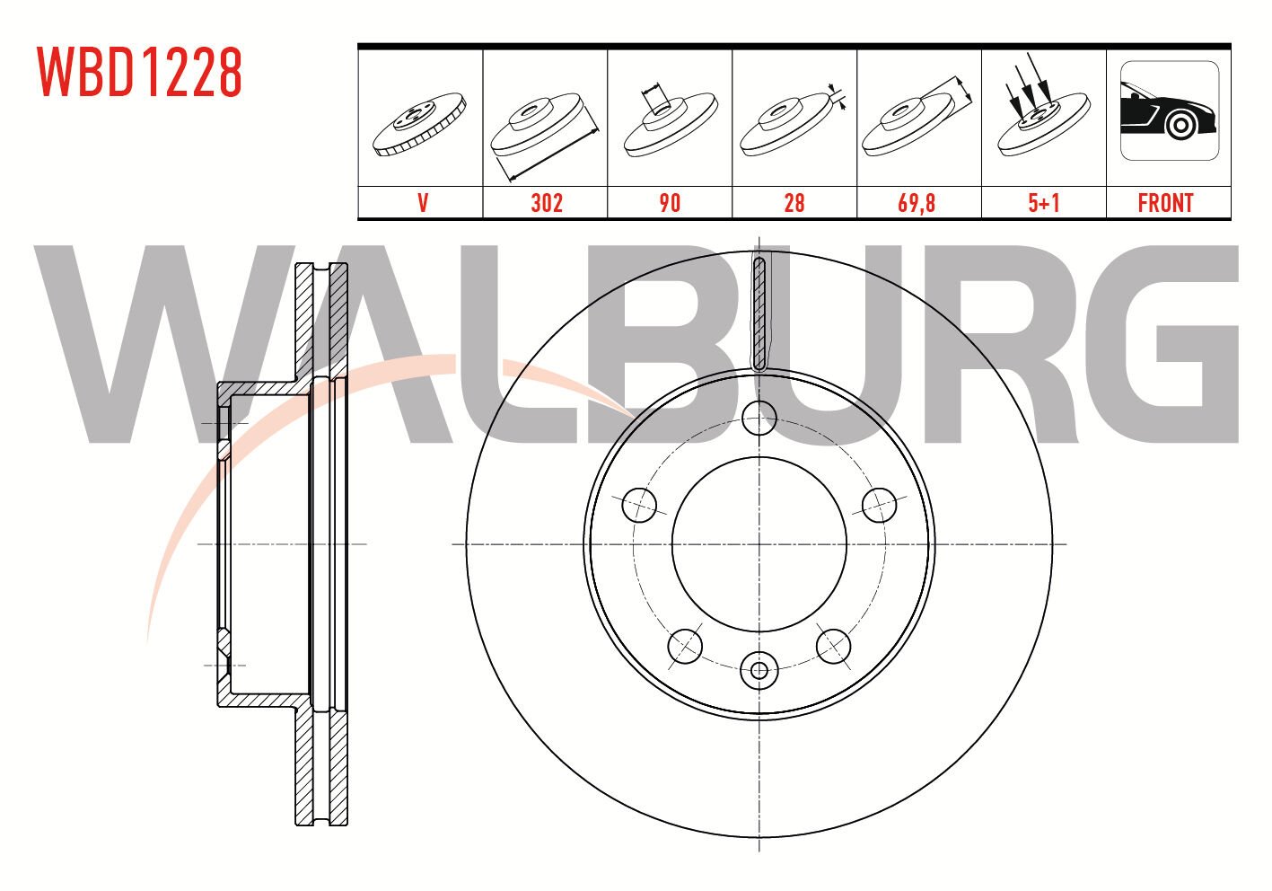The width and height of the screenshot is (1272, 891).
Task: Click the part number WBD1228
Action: coord(139,72)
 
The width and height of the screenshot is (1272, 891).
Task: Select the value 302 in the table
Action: coord(546,203)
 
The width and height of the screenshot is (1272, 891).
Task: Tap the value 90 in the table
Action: coord(670,203)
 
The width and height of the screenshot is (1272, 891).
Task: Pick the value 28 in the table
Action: coord(794,203)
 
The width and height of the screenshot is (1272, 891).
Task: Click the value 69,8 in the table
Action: coord(917,203)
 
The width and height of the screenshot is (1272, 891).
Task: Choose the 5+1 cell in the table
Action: coord(1044,203)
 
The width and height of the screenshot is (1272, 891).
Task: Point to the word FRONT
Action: coord(1165,203)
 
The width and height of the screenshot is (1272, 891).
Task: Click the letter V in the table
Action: coord(422,203)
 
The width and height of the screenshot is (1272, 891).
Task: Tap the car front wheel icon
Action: coord(1169,110)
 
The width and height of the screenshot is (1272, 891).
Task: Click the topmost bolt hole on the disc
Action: coord(759,418)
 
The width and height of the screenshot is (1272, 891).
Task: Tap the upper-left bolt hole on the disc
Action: coord(639,505)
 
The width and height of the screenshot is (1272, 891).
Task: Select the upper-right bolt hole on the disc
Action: coord(879,505)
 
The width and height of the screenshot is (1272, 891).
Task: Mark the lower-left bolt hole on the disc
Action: coord(685,646)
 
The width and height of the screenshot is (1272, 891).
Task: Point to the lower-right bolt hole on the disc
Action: coord(833,646)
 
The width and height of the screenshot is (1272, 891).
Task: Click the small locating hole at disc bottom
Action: coord(759,669)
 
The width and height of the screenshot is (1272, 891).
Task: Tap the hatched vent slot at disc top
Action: coord(759,313)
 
